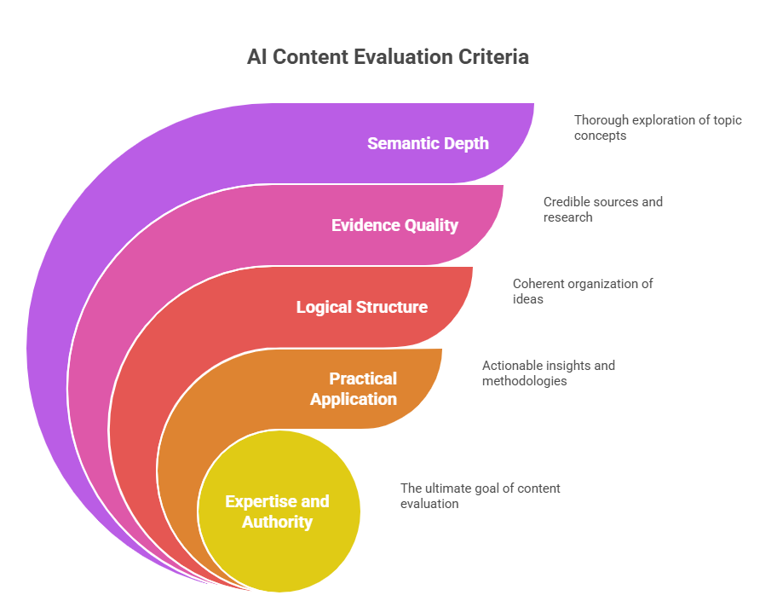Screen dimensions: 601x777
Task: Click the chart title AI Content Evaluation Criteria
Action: click(388, 57)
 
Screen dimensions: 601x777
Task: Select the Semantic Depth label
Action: click(428, 143)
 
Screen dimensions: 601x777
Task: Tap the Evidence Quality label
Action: click(394, 225)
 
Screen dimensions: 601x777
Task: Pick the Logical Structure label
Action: click(361, 307)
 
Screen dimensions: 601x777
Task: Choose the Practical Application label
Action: click(354, 389)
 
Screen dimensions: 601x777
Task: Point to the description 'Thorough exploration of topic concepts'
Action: click(657, 127)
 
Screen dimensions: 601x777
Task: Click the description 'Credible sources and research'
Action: click(602, 209)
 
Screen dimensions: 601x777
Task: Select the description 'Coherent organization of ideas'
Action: click(582, 291)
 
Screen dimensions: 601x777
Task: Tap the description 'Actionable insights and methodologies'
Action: click(548, 373)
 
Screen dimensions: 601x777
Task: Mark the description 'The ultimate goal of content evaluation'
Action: click(480, 495)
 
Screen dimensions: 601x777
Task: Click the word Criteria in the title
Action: click(494, 57)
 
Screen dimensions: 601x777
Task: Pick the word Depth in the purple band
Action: click(465, 143)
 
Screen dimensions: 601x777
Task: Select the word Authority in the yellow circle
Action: click(278, 522)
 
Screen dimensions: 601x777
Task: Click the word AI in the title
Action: click(255, 57)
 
